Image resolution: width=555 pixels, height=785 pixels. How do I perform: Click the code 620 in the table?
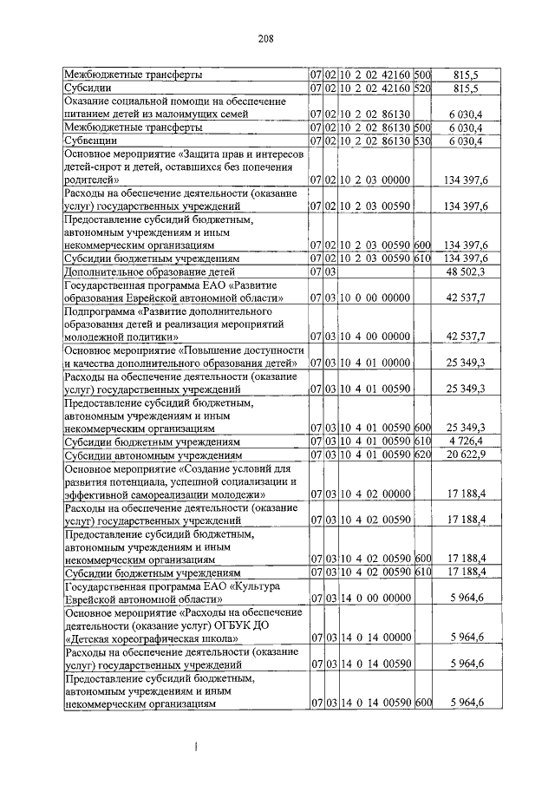tap(423, 454)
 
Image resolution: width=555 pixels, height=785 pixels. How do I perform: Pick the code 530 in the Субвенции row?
tap(423, 140)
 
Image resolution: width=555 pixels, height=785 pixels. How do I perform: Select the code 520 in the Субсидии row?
tap(423, 88)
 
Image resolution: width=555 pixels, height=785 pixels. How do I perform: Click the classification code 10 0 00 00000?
tap(375, 298)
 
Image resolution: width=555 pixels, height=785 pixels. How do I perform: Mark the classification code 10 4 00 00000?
tap(375, 336)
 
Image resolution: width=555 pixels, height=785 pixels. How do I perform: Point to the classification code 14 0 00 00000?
tap(375, 598)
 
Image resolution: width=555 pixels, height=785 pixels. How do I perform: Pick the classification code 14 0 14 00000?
tap(375, 637)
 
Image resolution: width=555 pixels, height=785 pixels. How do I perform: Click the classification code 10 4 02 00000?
tap(375, 494)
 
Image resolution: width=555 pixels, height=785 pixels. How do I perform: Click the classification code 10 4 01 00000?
tap(375, 362)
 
